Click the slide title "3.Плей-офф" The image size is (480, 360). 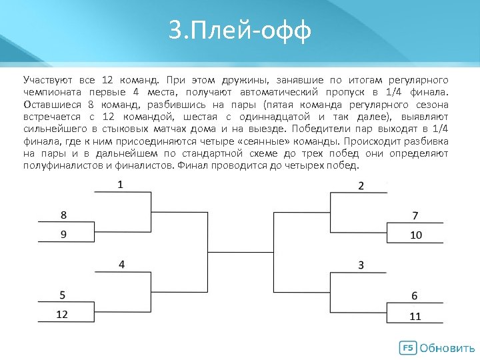[240, 31]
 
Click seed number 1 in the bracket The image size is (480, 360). [121, 184]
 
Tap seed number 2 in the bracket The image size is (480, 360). [361, 185]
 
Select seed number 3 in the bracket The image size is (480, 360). [361, 265]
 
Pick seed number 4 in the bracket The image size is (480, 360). [121, 264]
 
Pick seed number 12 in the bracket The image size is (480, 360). [62, 314]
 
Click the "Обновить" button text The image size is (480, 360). [448, 348]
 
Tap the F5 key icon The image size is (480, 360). [407, 348]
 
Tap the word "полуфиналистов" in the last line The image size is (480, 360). [62, 166]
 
